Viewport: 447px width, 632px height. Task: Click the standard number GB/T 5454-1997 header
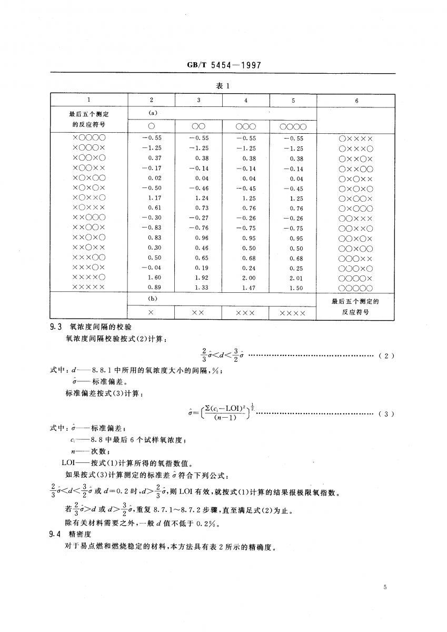point(224,66)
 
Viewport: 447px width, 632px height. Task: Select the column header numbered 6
point(356,100)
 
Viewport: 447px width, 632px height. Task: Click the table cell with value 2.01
point(296,278)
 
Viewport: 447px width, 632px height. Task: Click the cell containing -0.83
point(152,228)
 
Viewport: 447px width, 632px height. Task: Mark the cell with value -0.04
point(152,268)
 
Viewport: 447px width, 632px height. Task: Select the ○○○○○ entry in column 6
point(356,288)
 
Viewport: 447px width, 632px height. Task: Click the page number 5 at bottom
point(386,587)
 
